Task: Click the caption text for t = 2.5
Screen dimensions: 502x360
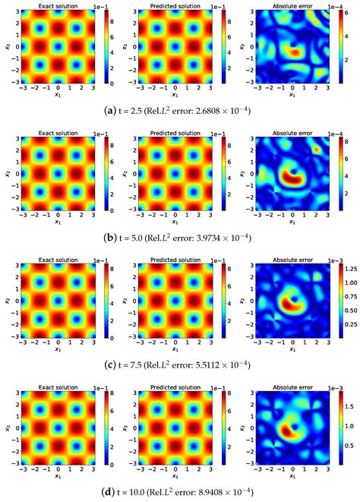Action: [179, 110]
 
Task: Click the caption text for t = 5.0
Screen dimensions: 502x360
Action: [179, 237]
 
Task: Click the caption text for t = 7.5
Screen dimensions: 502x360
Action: [179, 363]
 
